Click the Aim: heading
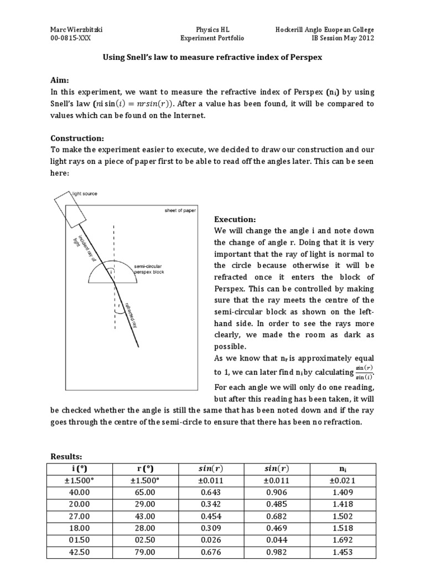(x=60, y=80)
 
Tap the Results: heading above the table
(x=66, y=456)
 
